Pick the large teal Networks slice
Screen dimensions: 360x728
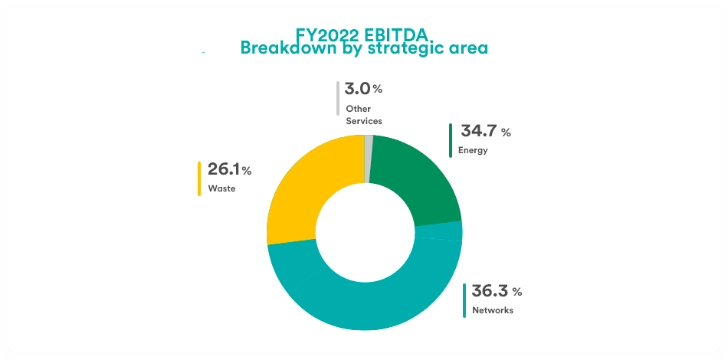(x=368, y=303)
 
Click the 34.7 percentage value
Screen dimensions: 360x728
(x=478, y=131)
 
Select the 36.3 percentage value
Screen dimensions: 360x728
(x=490, y=291)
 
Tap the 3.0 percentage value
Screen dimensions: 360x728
(x=357, y=89)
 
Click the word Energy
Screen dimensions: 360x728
(x=473, y=150)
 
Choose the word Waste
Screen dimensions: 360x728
(x=221, y=188)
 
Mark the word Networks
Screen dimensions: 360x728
(x=492, y=310)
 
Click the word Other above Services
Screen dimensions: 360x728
(x=358, y=109)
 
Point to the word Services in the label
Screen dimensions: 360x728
(x=363, y=121)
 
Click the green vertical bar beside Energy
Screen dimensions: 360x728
(x=451, y=140)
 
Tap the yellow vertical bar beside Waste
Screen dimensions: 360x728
(x=199, y=178)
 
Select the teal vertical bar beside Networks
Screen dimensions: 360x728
(x=464, y=300)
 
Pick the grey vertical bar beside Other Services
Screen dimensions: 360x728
(x=337, y=99)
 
